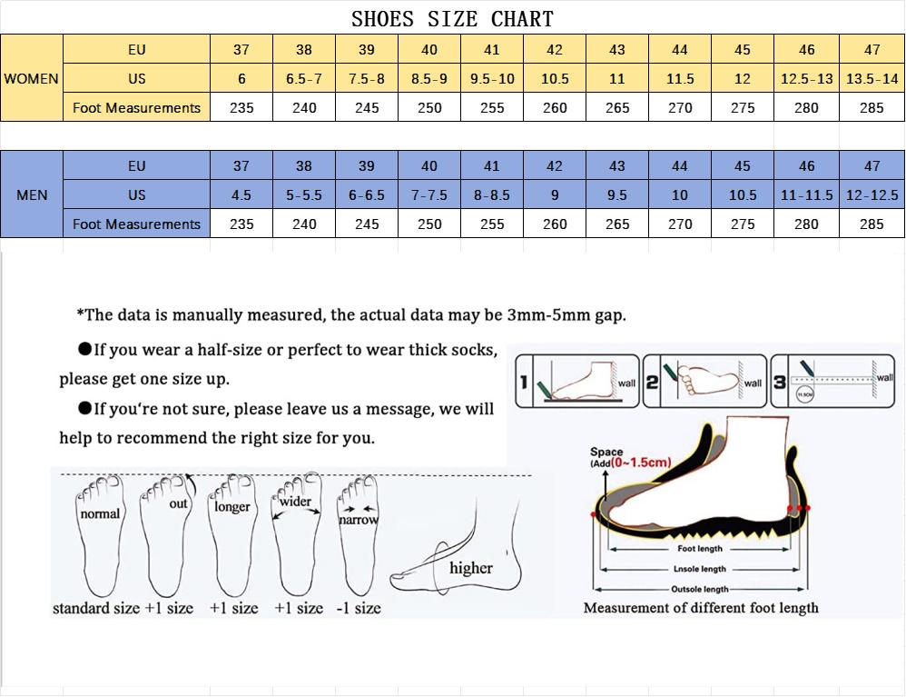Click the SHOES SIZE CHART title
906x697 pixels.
click(452, 18)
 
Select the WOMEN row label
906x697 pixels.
click(31, 79)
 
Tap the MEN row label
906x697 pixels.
click(32, 195)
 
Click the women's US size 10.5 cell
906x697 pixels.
click(555, 79)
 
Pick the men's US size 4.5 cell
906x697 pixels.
click(241, 195)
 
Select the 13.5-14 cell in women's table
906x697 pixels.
click(872, 79)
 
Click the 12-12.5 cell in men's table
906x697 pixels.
click(872, 195)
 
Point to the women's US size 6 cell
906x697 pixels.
click(241, 79)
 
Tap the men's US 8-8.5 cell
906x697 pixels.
click(492, 195)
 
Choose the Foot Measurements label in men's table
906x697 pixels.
click(136, 224)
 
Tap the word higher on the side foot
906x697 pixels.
click(471, 568)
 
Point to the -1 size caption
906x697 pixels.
click(359, 608)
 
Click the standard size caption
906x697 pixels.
click(95, 608)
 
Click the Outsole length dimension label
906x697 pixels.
click(699, 590)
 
